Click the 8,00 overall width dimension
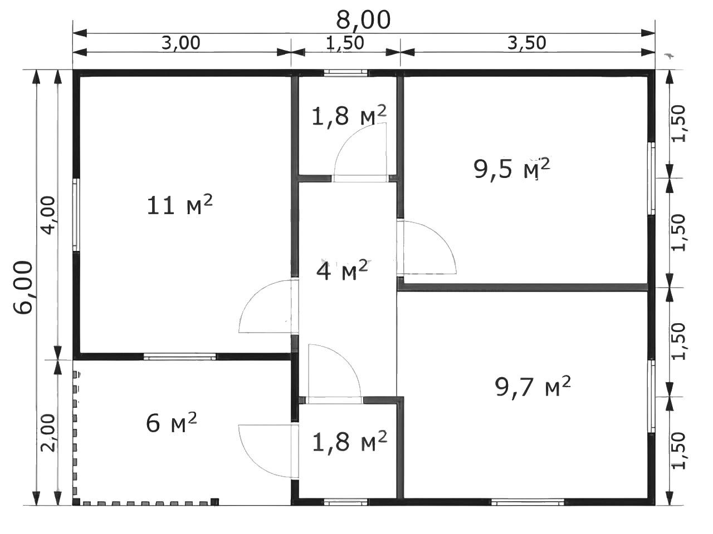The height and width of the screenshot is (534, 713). (x=363, y=20)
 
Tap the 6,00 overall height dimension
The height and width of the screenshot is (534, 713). (x=23, y=287)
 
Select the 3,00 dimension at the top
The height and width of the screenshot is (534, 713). (x=180, y=43)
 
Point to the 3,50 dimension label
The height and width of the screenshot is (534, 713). (x=526, y=43)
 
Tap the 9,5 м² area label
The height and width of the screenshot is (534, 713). (x=512, y=169)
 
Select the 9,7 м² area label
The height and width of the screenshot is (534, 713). (x=533, y=386)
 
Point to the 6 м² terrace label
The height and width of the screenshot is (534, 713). (x=171, y=423)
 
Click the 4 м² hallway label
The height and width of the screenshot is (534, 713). (x=341, y=270)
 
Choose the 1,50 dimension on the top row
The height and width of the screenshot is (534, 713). (x=345, y=43)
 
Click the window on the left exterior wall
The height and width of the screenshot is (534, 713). (x=76, y=215)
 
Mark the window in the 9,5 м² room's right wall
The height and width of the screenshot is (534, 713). (x=651, y=179)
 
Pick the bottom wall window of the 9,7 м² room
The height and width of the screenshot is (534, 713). (x=528, y=502)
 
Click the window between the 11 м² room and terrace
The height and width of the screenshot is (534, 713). (x=179, y=357)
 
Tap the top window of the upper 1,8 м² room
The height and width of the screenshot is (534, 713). (x=346, y=73)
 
